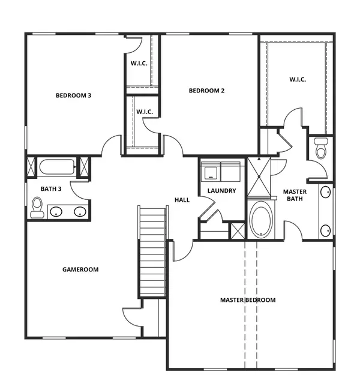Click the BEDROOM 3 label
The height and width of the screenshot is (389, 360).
click(73, 95)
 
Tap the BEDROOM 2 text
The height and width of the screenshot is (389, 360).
click(206, 91)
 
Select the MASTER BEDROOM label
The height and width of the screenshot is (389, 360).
click(248, 300)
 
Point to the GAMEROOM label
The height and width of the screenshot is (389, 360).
click(80, 270)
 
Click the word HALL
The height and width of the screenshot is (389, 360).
click(182, 200)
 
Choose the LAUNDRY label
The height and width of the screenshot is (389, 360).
click(221, 191)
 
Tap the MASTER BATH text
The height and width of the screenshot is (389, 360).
click(295, 196)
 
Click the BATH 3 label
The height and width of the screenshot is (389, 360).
click(52, 189)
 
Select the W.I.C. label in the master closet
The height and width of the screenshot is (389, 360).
click(298, 79)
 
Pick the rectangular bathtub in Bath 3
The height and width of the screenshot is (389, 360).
click(56, 166)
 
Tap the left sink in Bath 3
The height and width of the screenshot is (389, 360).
click(56, 211)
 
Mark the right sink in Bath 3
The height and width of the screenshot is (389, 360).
click(79, 211)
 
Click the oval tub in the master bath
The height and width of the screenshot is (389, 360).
click(261, 220)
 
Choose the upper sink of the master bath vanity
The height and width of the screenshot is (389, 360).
click(325, 192)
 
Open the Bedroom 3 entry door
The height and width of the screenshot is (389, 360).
click(111, 146)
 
